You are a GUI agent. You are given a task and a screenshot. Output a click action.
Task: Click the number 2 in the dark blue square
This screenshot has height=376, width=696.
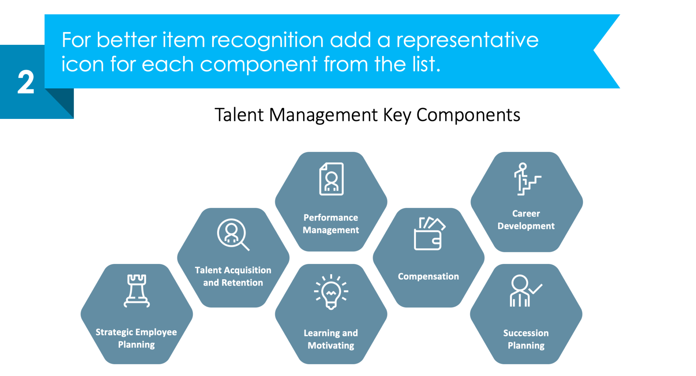(26, 82)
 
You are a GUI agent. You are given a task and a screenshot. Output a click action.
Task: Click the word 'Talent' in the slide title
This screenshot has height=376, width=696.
(239, 115)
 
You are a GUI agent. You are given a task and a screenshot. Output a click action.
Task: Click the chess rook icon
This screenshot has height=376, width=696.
(137, 291)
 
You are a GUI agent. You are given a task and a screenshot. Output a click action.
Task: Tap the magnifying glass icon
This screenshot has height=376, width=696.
(233, 234)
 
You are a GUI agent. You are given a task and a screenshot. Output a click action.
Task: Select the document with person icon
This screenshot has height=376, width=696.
(331, 179)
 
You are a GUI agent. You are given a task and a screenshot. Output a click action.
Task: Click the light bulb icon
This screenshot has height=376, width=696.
(331, 292)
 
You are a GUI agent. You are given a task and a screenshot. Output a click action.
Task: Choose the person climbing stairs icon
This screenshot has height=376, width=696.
(526, 179)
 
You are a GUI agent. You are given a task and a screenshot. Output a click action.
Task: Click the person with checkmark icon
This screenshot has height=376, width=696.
(525, 291)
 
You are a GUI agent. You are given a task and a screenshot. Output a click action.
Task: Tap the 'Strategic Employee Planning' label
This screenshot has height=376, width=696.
(136, 338)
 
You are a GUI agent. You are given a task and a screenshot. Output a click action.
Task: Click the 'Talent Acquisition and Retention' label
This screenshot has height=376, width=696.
(233, 276)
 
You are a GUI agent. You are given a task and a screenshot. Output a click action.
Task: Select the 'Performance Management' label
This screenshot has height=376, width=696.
(331, 224)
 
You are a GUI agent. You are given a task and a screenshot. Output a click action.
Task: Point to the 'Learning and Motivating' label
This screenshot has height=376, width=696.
(331, 339)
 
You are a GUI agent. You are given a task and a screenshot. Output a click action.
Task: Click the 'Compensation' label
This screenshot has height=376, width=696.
(428, 276)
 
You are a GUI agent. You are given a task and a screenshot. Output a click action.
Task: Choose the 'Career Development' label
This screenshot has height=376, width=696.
(526, 220)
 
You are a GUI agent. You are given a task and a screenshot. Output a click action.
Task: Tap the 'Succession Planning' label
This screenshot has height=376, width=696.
(526, 339)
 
